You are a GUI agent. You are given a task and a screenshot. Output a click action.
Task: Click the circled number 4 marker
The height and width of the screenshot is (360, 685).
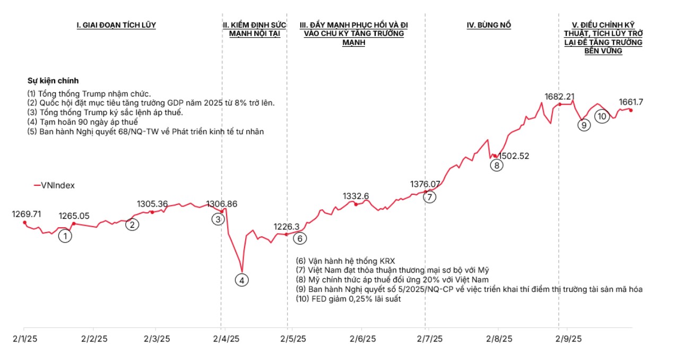pos(242,280)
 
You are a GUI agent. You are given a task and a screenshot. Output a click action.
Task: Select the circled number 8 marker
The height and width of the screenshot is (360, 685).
pos(497,165)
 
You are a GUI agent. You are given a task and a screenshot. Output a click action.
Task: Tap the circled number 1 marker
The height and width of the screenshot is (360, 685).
pos(65,236)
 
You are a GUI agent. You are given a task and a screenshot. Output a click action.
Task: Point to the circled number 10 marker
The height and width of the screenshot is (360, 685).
pos(602,116)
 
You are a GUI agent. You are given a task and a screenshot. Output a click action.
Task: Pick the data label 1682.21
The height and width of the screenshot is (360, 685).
pos(559,97)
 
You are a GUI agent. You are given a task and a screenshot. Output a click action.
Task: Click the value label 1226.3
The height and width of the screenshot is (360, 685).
pos(287,227)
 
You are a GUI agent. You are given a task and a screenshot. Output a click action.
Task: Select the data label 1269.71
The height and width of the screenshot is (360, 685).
pos(26,214)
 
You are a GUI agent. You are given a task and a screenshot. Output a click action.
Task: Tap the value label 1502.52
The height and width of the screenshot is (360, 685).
pos(515,156)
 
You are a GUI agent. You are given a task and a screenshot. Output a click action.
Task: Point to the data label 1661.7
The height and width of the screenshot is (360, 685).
pos(631,102)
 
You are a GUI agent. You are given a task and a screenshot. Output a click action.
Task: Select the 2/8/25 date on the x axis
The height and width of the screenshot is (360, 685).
pos(499,339)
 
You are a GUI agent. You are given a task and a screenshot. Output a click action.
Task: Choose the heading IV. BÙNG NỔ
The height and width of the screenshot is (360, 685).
pos(489,25)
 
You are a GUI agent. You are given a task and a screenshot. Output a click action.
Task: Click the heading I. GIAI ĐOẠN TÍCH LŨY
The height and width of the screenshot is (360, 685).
pos(116,25)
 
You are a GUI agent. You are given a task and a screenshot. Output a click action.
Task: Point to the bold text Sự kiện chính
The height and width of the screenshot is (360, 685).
pos(53,81)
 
